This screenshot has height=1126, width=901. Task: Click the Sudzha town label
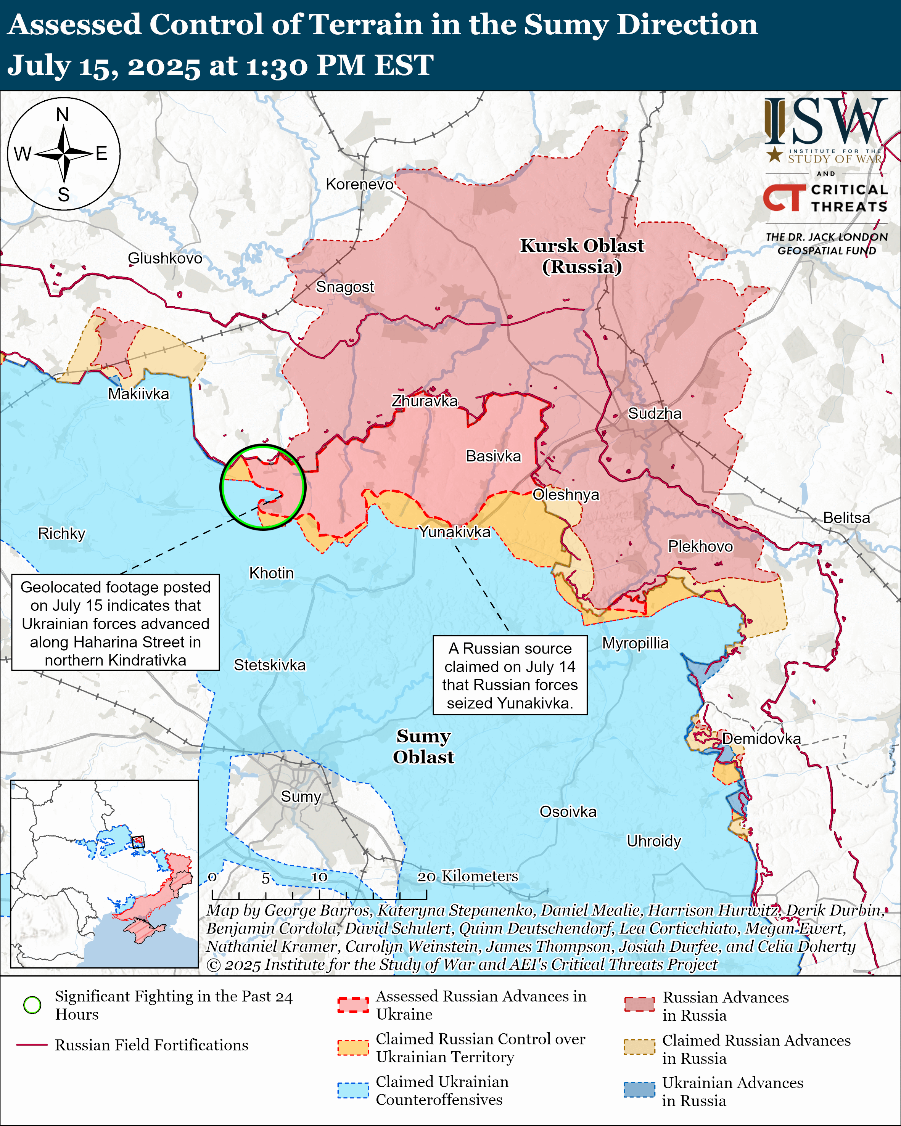(x=655, y=414)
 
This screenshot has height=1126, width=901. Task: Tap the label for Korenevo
(x=359, y=184)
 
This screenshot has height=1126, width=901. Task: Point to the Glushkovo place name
(x=165, y=259)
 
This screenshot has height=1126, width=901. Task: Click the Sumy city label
(x=301, y=797)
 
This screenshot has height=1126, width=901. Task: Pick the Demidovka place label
(x=761, y=739)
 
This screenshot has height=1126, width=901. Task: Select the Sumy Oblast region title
(x=423, y=747)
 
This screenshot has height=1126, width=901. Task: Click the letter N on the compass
(x=63, y=115)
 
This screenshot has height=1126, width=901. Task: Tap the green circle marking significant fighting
(x=263, y=487)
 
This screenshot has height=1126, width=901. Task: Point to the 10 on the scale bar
(x=319, y=877)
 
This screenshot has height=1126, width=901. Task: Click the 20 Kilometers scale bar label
(x=468, y=876)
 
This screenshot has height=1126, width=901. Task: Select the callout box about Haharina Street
(x=116, y=623)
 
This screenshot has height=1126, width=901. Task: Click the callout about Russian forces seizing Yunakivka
(x=510, y=675)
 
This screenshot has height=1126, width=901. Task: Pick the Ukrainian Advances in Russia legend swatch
(x=639, y=1090)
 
